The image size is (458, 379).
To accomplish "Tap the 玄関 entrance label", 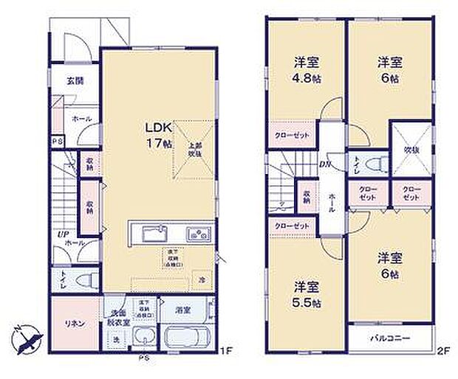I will pyautogui.click(x=75, y=81).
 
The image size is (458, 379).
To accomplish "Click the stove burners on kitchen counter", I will pyautogui.click(x=198, y=234).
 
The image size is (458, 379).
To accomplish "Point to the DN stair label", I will pyautogui.click(x=324, y=166).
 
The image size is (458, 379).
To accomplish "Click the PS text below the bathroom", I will pyautogui.click(x=147, y=359).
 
